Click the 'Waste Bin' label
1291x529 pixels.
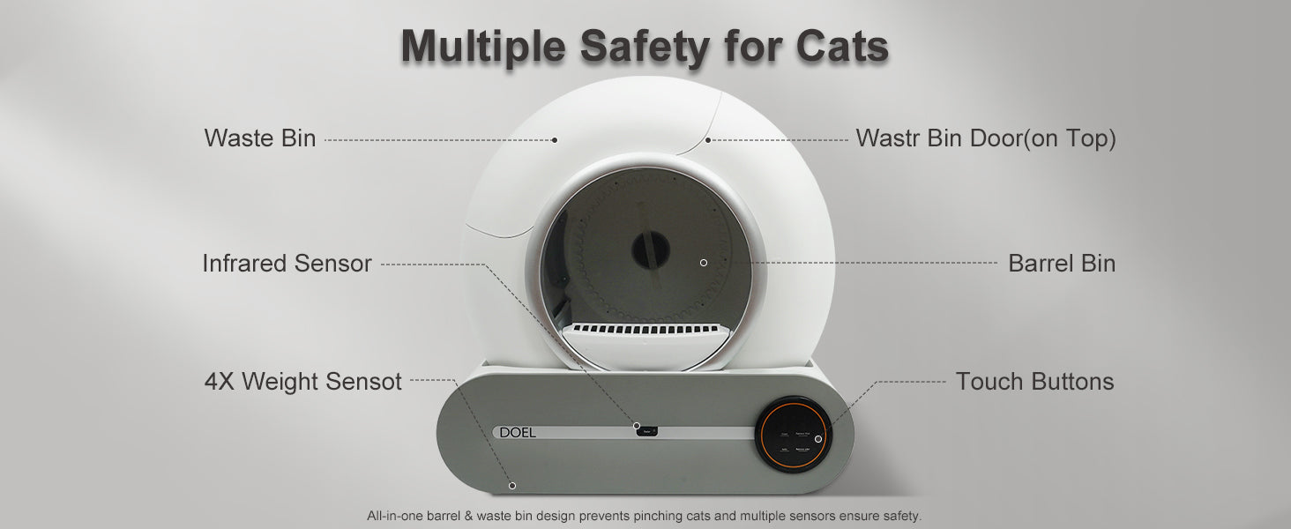click(259, 138)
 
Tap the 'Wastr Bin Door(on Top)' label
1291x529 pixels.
click(985, 138)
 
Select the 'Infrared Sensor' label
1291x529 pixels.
click(287, 264)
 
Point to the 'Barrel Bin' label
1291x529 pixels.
click(1061, 264)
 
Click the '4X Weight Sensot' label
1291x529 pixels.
click(302, 382)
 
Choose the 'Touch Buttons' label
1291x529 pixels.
click(1034, 382)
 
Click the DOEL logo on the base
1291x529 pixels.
click(518, 433)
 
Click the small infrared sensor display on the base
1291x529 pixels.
click(647, 430)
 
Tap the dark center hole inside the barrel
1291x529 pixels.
click(651, 251)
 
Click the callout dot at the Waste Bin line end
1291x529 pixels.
click(555, 139)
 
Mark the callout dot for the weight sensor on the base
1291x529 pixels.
click(512, 485)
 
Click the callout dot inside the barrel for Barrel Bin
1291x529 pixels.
click(703, 263)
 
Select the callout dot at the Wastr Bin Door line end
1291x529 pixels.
click(707, 139)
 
